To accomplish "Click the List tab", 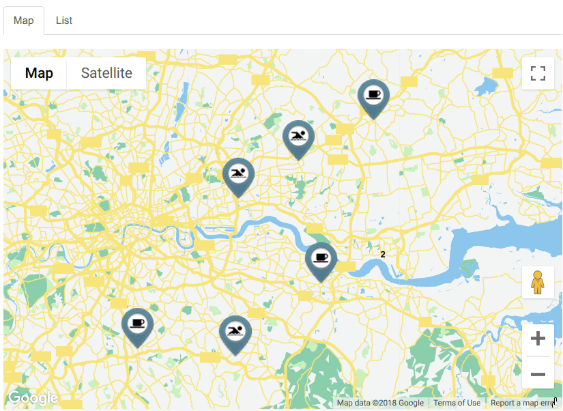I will coord(64,20).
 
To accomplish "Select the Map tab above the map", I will coord(24,20).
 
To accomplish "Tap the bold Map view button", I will coord(39,73).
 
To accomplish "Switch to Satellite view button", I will coord(106,73).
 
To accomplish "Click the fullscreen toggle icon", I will coord(538,73).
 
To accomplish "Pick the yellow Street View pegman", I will coord(538,282).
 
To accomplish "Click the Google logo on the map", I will coord(33,398).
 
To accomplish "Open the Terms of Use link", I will coord(457,403).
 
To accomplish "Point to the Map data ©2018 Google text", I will coord(380,403).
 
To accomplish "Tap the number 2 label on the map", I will coord(383,254).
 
